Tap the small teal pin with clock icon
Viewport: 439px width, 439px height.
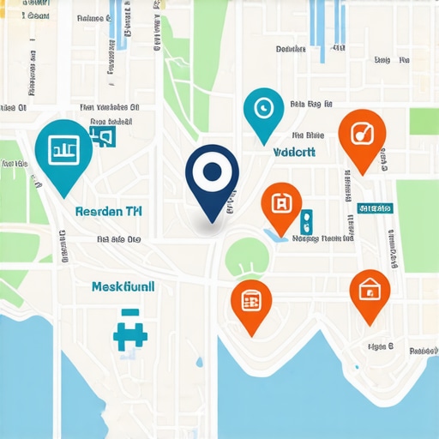pos(263,111)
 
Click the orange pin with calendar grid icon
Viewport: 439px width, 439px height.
pos(251,301)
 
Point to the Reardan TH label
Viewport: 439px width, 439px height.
pos(109,210)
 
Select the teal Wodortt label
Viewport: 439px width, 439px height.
pos(294,152)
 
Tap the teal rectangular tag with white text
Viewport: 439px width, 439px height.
pos(375,208)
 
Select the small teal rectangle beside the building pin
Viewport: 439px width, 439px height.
pos(308,221)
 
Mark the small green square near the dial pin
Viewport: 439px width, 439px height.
pos(424,121)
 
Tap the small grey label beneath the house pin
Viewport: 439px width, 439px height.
pos(379,346)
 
